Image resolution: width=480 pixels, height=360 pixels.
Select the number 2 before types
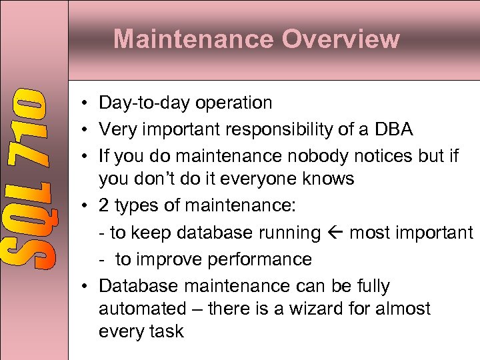click(x=104, y=206)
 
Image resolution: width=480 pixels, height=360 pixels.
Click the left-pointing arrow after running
click(x=335, y=233)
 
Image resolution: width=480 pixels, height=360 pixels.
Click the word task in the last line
click(x=165, y=332)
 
